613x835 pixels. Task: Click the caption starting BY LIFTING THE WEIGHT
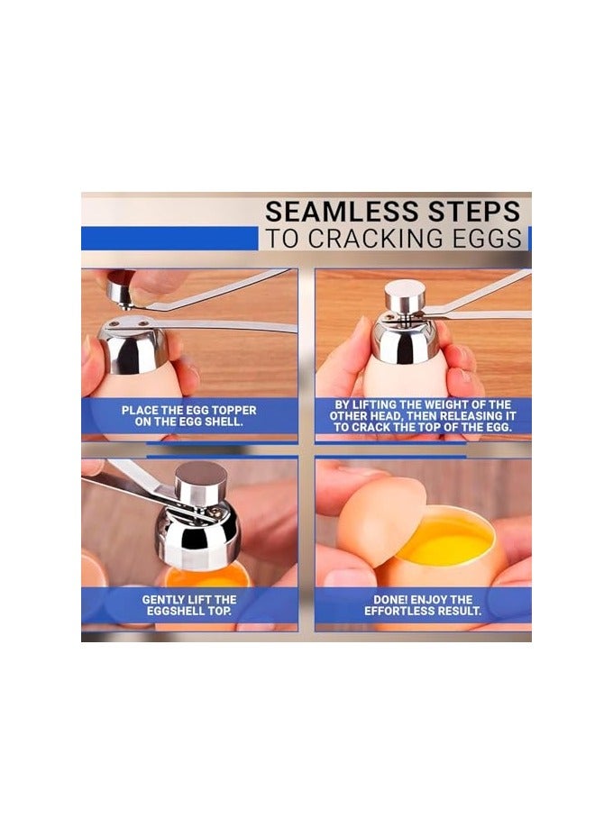coord(423,415)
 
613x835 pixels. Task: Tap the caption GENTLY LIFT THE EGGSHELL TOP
coord(189,604)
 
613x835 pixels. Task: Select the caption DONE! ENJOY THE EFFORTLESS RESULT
coord(423,604)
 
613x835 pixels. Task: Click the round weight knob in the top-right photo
coord(406,295)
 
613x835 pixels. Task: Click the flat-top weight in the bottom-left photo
coord(200,481)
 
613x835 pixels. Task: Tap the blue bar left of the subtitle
coord(169,239)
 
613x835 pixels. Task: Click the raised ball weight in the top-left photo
coord(121,287)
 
